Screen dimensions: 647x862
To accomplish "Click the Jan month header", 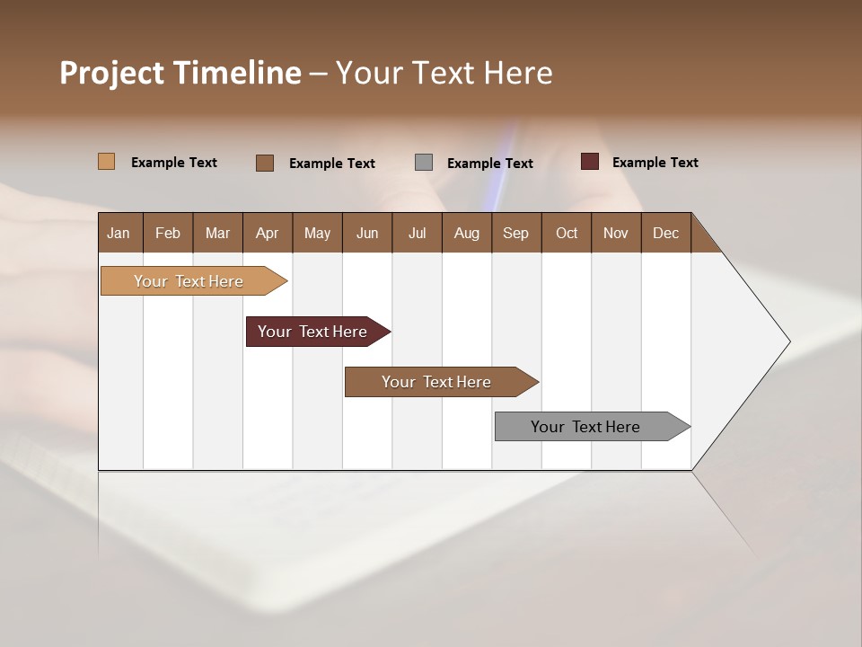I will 119,233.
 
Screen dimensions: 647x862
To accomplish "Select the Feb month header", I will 168,233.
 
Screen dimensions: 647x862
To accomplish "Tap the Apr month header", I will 268,233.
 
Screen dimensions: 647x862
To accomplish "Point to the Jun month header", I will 367,233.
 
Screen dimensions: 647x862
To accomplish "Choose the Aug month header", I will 467,233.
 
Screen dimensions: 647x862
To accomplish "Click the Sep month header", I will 516,233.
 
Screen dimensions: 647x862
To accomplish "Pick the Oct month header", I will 567,233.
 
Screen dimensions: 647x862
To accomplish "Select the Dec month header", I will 666,233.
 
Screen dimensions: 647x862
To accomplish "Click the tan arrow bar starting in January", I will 189,281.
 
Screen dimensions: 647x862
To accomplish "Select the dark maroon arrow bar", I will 312,332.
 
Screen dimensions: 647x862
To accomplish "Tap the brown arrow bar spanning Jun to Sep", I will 436,382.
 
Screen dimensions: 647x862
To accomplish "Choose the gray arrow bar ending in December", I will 585,427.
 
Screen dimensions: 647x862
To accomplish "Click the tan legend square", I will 107,162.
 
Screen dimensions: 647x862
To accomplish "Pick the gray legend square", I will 424,163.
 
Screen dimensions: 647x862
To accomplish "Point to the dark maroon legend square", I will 590,162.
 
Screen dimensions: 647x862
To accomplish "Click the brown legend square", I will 265,163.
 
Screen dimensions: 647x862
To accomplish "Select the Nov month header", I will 616,233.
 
